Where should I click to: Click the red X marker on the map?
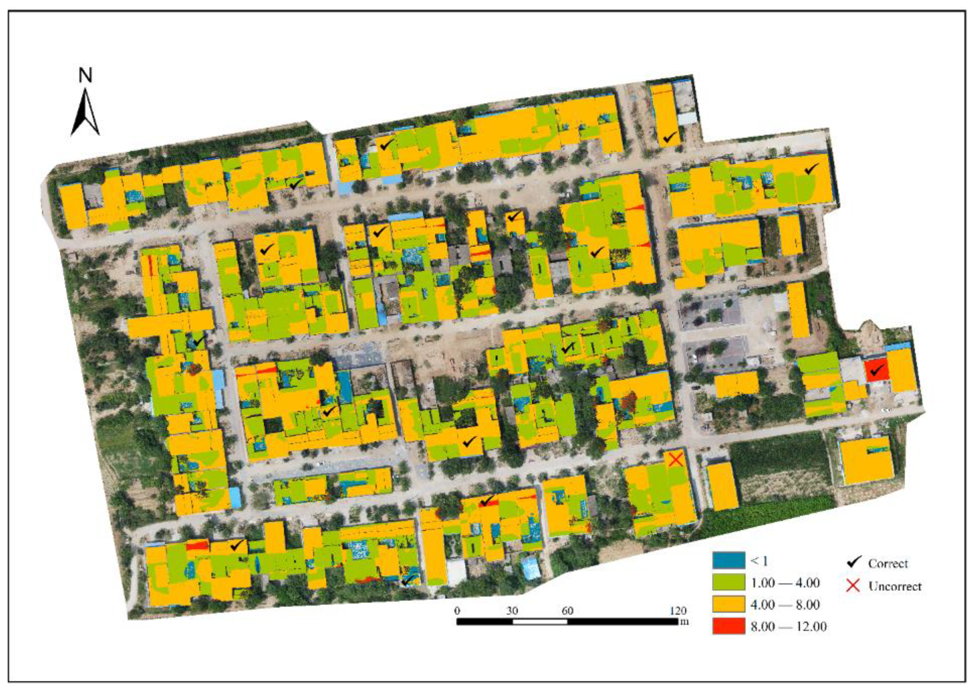click(x=675, y=459)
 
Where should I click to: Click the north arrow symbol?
click(x=85, y=112)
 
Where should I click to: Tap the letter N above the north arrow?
click(x=85, y=75)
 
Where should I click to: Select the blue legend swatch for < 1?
click(x=729, y=560)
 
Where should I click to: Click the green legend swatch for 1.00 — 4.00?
click(x=729, y=582)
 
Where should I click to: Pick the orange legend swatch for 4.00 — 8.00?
click(x=729, y=604)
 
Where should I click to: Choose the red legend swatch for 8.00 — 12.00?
click(x=729, y=626)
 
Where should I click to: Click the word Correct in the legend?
click(x=888, y=564)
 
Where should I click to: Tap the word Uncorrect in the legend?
click(x=895, y=586)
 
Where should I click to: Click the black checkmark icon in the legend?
click(x=853, y=562)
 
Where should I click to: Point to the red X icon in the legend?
click(x=853, y=586)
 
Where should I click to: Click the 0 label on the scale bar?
click(x=457, y=611)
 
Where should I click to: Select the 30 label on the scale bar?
click(x=512, y=611)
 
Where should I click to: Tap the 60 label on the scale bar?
click(x=567, y=611)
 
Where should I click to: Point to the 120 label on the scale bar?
click(x=678, y=611)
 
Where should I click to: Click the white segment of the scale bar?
click(x=540, y=621)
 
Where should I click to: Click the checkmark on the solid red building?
click(x=876, y=370)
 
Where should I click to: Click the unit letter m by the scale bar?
click(x=685, y=622)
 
